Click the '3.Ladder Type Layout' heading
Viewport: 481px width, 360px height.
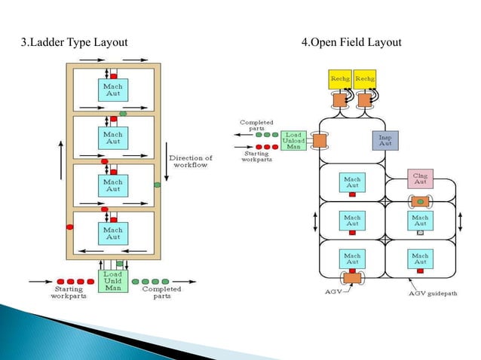(x=72, y=41)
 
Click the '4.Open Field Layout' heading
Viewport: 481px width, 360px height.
(x=351, y=41)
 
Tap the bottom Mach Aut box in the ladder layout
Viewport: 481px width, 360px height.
(x=112, y=233)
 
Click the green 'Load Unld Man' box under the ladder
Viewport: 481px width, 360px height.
(x=112, y=282)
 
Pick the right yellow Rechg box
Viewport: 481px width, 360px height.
(x=366, y=78)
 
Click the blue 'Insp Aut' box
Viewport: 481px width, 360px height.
(x=384, y=141)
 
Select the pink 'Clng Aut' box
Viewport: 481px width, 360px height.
(x=420, y=178)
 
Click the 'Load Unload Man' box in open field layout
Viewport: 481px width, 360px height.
(x=293, y=140)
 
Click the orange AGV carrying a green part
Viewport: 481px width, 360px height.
(x=419, y=202)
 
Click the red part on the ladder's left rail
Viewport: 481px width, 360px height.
(x=70, y=226)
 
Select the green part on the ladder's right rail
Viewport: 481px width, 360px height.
(x=157, y=184)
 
